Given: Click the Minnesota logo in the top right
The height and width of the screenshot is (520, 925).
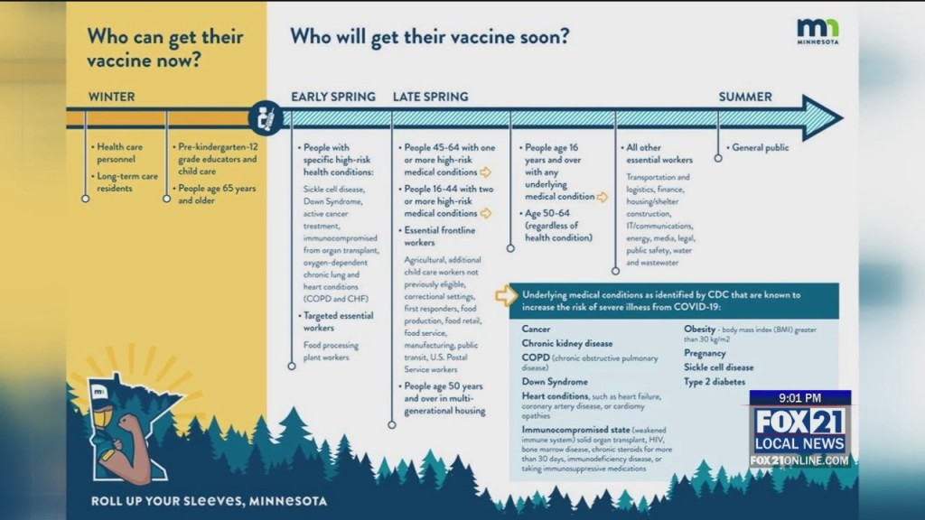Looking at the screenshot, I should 818,32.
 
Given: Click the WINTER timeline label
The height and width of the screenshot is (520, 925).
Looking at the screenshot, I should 111,97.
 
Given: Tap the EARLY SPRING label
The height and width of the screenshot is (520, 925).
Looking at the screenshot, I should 332,97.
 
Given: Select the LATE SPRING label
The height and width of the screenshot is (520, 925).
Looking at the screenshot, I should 430,97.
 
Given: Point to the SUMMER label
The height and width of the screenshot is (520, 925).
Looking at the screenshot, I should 745,97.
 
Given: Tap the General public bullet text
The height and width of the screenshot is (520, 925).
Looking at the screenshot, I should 760,147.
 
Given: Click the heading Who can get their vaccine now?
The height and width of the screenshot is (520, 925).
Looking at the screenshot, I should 164,49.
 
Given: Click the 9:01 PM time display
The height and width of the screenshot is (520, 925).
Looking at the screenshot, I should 799,398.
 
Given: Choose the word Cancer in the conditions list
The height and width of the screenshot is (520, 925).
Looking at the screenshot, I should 536,330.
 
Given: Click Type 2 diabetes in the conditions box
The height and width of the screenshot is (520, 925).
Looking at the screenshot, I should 715,382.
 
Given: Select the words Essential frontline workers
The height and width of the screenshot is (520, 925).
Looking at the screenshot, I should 439,237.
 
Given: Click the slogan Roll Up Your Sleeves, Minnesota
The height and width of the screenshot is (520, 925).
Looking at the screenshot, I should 209,500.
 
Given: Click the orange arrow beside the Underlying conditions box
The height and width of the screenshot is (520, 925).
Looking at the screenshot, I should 506,295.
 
